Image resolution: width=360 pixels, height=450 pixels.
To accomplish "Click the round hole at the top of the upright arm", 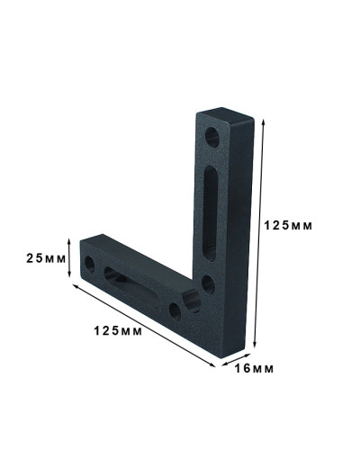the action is [212, 138].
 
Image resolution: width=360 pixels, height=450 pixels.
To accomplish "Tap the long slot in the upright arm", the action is [211, 213].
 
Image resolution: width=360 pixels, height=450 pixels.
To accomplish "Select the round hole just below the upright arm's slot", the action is [208, 284].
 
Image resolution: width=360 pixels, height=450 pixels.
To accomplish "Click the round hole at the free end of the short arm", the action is [90, 265].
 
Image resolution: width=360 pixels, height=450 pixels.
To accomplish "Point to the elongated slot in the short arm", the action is [131, 286].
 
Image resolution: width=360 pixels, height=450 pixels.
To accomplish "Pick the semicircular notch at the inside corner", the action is [192, 301].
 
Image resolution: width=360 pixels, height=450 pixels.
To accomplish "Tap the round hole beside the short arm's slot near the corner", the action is [175, 311].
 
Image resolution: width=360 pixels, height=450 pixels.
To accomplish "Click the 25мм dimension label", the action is [46, 258].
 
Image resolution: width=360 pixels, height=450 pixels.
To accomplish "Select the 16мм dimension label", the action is [254, 369].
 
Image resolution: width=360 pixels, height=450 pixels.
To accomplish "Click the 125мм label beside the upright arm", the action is [288, 226].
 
